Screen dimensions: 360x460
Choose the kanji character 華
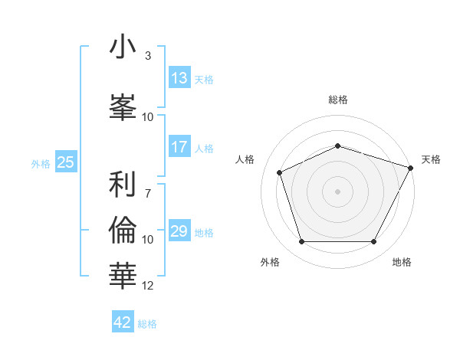(123, 272)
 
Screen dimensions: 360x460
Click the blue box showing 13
(179, 78)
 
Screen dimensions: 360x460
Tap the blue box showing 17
(179, 147)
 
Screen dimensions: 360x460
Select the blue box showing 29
(179, 231)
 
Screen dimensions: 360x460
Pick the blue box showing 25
(65, 162)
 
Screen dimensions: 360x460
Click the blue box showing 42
(123, 322)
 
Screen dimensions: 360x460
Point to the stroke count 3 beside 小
(147, 56)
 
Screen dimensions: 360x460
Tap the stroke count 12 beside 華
(148, 286)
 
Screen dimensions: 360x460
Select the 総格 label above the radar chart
(338, 100)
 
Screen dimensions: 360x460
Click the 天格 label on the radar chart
(431, 159)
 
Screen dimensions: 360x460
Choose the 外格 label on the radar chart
(270, 262)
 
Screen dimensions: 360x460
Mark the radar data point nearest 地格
(374, 242)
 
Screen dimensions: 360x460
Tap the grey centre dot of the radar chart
(338, 191)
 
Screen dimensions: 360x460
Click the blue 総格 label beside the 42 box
(147, 324)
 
